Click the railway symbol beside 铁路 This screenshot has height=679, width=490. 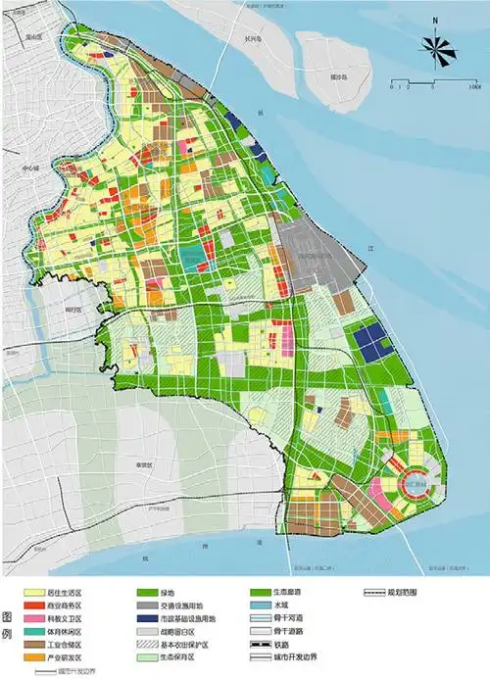pos(263,644)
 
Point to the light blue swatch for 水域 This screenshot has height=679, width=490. pos(263,606)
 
